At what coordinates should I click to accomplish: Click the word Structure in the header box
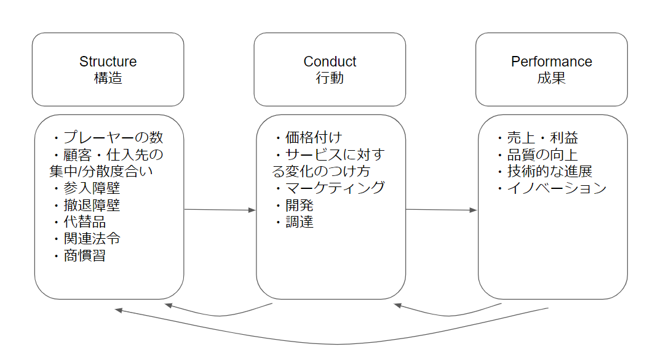(108, 62)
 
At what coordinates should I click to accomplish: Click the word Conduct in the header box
(330, 62)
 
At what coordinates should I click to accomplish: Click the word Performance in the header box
(551, 62)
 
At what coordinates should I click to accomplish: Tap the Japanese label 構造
(108, 78)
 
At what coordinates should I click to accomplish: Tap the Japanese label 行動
(330, 78)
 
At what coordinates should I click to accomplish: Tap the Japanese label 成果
(551, 78)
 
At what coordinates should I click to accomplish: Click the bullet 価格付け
(309, 137)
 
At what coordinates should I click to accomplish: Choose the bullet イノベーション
(552, 188)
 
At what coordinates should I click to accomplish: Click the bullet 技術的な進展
(545, 171)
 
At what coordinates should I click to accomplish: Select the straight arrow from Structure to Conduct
(220, 210)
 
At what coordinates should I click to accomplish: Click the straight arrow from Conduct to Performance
(441, 210)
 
